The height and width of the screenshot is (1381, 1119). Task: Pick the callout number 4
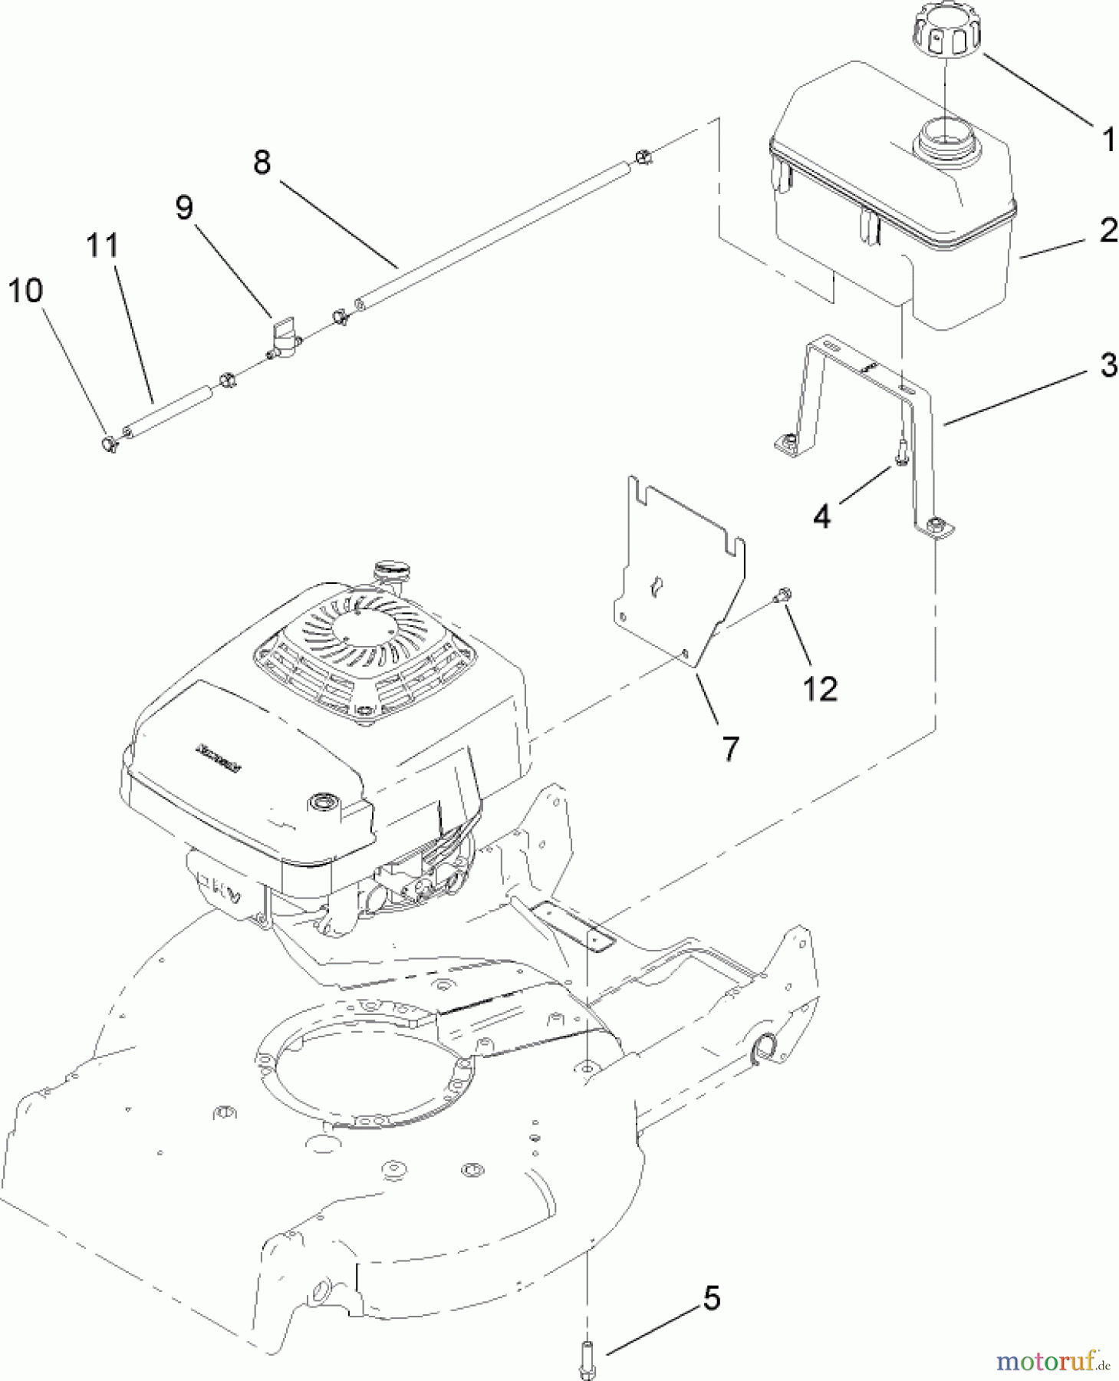click(x=821, y=516)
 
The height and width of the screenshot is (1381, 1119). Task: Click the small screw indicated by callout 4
click(x=901, y=453)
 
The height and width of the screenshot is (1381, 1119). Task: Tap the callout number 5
click(x=712, y=1299)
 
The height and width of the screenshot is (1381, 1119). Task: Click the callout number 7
click(x=731, y=747)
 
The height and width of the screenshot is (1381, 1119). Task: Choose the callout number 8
click(x=262, y=162)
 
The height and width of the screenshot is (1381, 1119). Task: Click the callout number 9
click(x=184, y=207)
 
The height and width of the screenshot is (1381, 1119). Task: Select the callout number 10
click(x=25, y=291)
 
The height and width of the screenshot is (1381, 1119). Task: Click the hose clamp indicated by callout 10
click(x=108, y=443)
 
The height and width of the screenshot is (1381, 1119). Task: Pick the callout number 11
click(x=102, y=246)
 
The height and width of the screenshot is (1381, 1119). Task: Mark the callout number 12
click(x=820, y=688)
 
